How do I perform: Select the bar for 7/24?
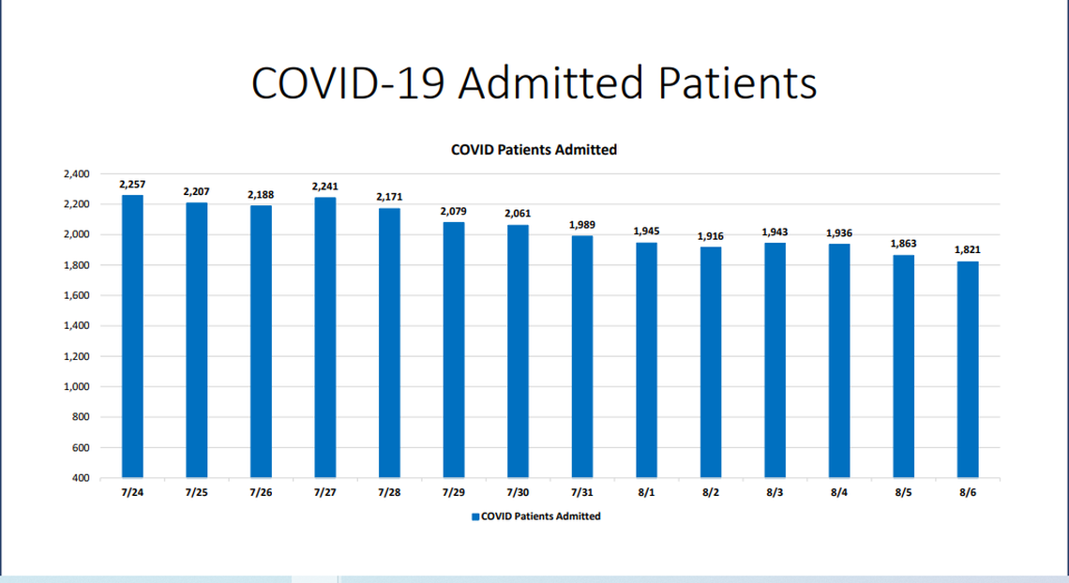coord(132,336)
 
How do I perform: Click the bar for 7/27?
coord(324,337)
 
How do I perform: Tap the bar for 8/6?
coord(968,369)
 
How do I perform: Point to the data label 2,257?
coord(132,185)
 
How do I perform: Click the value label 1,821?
coord(968,250)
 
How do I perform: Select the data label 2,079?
coord(454,212)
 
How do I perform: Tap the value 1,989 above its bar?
coord(582,225)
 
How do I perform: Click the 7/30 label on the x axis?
coord(518,491)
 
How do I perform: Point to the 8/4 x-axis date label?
coord(839,491)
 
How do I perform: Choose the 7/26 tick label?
coord(261,491)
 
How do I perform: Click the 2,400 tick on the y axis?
coord(75,174)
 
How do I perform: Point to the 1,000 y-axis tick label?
coord(75,387)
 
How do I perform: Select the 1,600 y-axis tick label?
coord(75,296)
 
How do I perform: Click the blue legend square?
coord(474,516)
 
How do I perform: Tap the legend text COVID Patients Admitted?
coord(541,516)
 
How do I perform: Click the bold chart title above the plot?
coord(534,149)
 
